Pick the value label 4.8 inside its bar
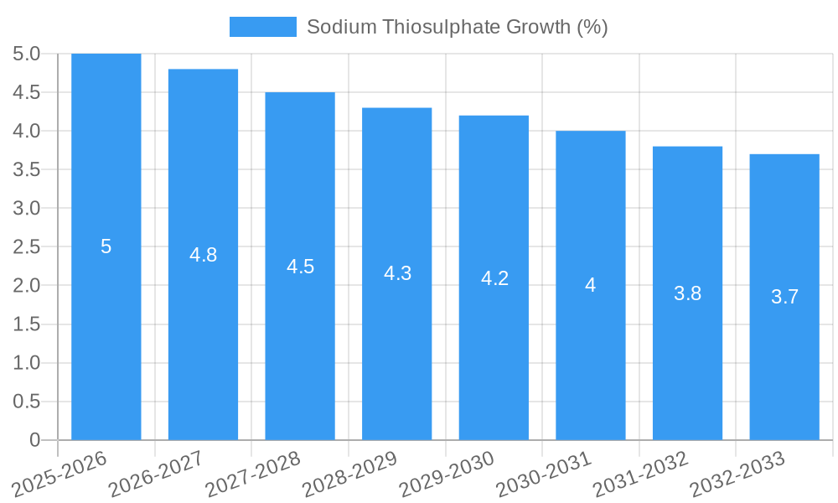pyautogui.click(x=203, y=255)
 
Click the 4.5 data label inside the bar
pyautogui.click(x=300, y=267)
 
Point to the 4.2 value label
pyautogui.click(x=494, y=278)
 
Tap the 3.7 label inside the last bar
pyautogui.click(x=784, y=297)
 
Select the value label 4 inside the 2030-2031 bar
pyautogui.click(x=590, y=285)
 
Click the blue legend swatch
pyautogui.click(x=262, y=27)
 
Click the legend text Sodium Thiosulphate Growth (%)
pyautogui.click(x=457, y=27)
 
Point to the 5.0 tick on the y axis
pyautogui.click(x=27, y=54)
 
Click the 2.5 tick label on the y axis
pyautogui.click(x=27, y=247)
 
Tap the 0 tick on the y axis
pyautogui.click(x=34, y=440)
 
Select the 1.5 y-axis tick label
pyautogui.click(x=27, y=324)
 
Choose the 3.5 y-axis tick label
pyautogui.click(x=27, y=170)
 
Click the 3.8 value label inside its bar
pyautogui.click(x=687, y=293)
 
